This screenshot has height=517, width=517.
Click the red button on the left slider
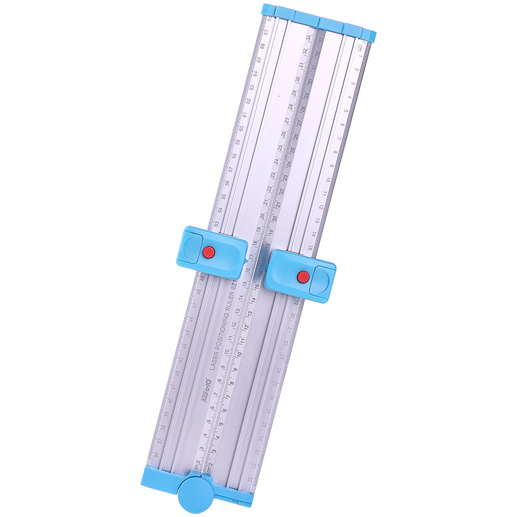(x=209, y=252)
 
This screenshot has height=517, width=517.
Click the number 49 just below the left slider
(x=202, y=279)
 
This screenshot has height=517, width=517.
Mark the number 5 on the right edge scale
(x=346, y=111)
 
